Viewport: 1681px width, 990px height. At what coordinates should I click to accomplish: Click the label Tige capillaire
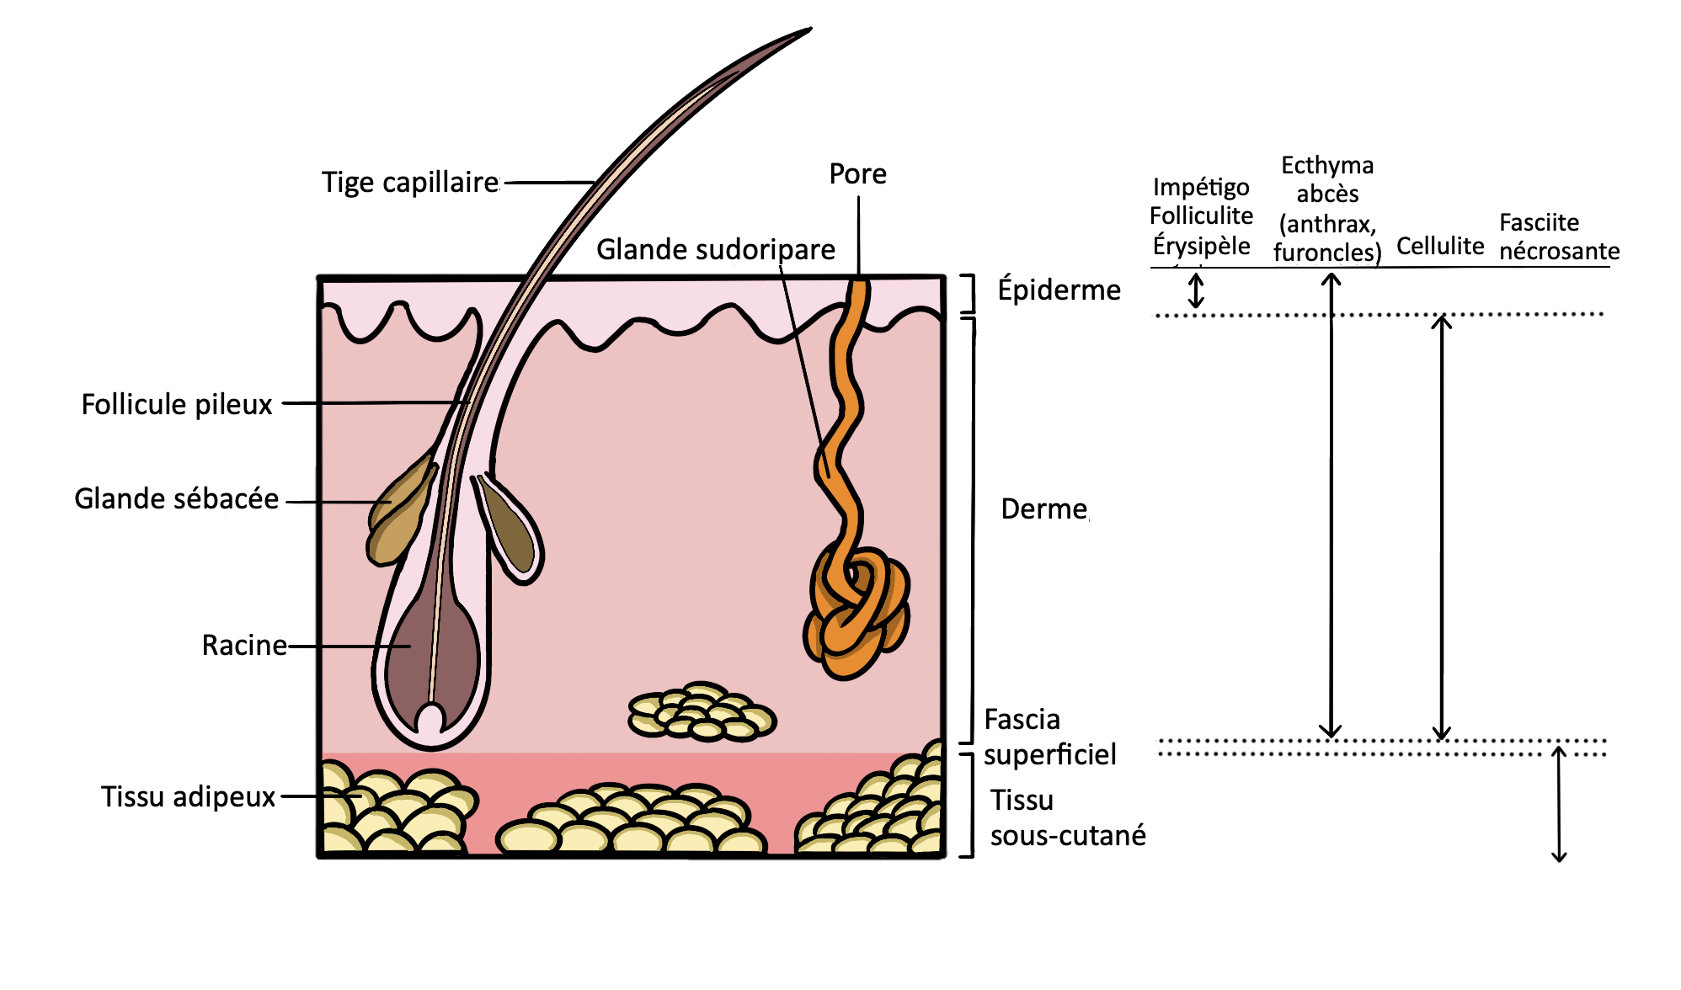410,183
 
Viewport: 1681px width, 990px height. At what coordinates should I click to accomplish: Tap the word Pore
857,173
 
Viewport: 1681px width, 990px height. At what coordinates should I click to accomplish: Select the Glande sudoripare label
716,249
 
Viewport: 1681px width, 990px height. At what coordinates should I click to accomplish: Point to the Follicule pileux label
177,404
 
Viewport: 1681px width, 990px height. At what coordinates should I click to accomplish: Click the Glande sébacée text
176,498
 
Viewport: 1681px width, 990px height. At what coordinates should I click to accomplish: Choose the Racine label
244,645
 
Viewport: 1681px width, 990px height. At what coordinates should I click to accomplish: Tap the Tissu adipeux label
188,796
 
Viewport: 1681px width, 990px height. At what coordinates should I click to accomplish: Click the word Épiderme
1059,289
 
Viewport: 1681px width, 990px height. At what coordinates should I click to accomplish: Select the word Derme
1043,509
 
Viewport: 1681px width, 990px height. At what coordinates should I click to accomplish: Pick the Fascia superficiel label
1049,737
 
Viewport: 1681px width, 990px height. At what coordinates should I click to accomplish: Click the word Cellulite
1440,246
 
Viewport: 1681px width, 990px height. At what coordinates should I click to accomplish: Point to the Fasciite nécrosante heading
1559,237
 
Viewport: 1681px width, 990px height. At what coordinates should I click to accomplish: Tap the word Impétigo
1201,187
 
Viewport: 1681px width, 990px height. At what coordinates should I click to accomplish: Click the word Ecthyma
1327,165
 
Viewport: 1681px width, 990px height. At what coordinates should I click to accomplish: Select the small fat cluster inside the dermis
702,712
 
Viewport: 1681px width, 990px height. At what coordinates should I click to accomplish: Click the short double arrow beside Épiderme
1196,290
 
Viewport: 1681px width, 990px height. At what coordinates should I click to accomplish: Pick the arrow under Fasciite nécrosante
1559,804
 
